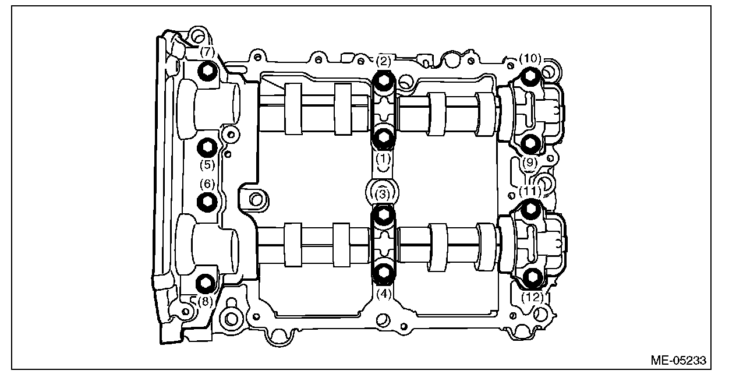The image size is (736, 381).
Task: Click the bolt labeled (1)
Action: coord(383,138)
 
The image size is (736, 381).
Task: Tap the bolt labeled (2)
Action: coord(383,82)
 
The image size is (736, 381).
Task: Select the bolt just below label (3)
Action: coord(383,216)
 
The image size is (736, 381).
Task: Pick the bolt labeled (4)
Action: coord(383,272)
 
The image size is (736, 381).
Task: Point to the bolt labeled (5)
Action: coord(207,147)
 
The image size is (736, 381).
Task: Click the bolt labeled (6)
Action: coord(207,202)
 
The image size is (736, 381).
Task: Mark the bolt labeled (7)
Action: coord(207,72)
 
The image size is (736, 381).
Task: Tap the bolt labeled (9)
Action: coord(530,142)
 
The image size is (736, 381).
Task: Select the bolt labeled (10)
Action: coord(530,76)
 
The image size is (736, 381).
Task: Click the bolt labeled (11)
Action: coord(530,209)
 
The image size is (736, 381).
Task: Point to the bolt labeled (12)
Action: coord(531,278)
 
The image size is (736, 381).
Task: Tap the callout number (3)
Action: coord(382,193)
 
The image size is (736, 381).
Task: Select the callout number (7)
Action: coord(207,52)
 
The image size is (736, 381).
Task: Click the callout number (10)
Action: coord(530,58)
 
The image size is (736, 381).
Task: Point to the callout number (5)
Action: coord(207,164)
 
